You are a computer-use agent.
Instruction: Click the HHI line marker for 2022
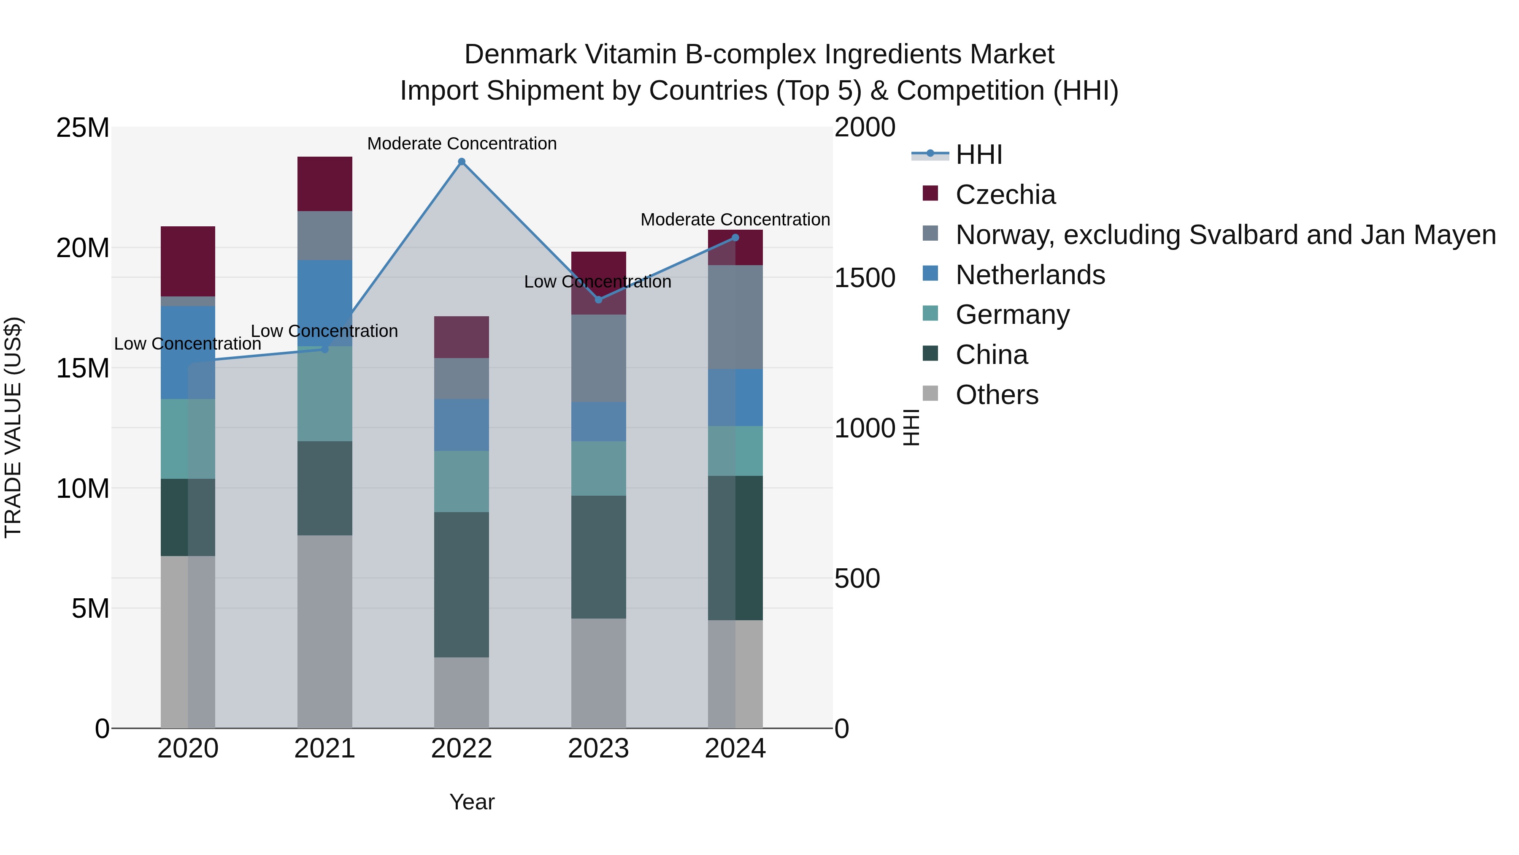click(x=462, y=162)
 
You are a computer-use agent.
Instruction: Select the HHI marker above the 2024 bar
click(x=735, y=238)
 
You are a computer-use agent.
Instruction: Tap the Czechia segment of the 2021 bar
click(x=324, y=184)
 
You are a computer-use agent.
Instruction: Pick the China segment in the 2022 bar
click(x=461, y=584)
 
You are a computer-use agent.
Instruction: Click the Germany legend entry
click(x=1013, y=315)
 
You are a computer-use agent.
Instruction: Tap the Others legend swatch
click(x=930, y=394)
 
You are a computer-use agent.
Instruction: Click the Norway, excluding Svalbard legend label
click(x=1225, y=235)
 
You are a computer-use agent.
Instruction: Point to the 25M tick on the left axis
click(x=83, y=128)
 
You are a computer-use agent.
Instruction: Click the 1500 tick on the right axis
click(x=865, y=278)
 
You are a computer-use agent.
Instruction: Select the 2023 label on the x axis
click(x=598, y=749)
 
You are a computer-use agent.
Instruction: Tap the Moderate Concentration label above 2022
click(x=462, y=144)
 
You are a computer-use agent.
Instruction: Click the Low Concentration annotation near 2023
click(x=597, y=282)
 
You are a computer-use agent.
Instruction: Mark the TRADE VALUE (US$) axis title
click(x=14, y=427)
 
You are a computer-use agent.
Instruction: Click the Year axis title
click(x=472, y=802)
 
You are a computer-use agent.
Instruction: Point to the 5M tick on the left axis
click(x=90, y=608)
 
